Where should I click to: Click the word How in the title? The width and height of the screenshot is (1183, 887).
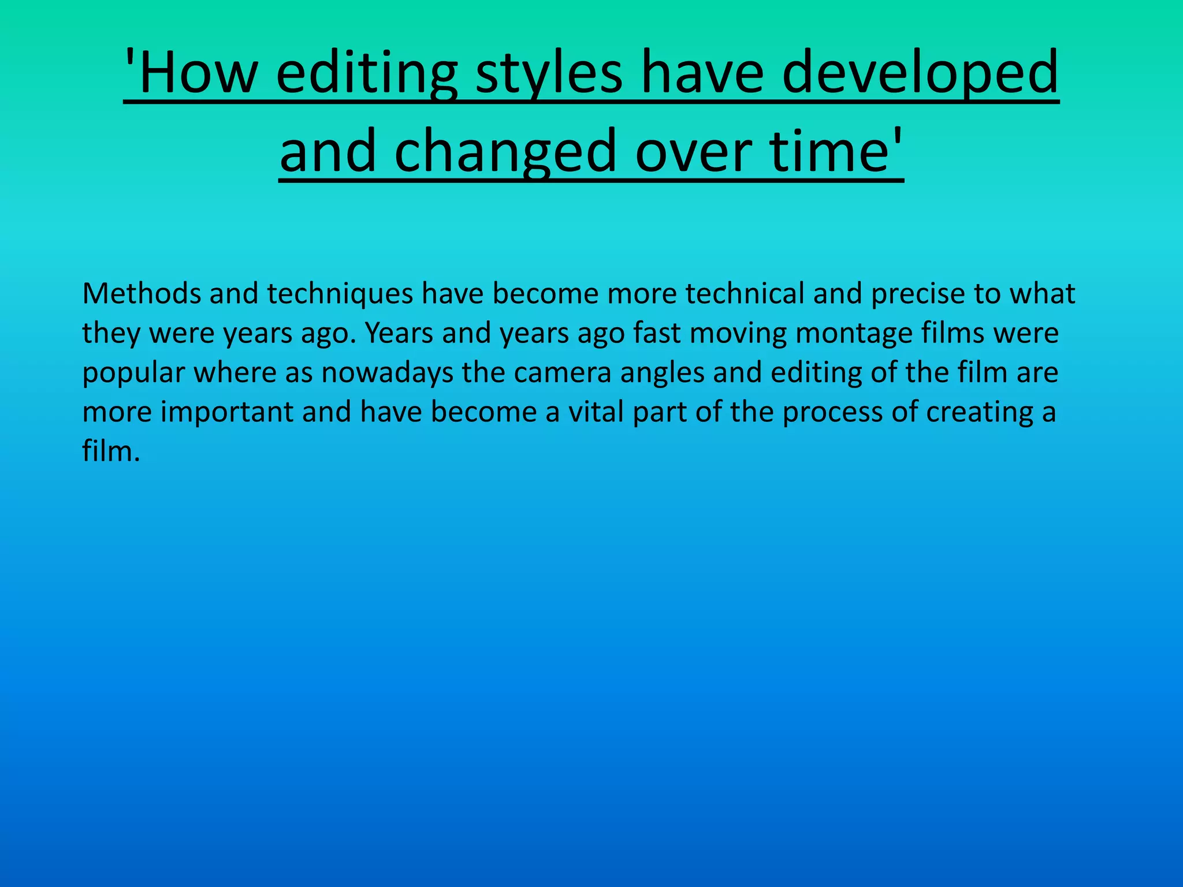tap(196, 72)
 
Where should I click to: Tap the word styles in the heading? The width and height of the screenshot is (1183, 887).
tap(549, 72)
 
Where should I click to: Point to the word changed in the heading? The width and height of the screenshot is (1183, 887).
tap(505, 151)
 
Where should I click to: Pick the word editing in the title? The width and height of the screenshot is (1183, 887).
tap(366, 72)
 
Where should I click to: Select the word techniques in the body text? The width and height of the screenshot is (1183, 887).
tap(340, 293)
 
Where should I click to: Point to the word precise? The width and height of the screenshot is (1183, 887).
tap(918, 293)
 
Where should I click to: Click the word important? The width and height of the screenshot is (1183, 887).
tap(227, 412)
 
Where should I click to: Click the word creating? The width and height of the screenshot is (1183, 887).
tap(980, 412)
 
